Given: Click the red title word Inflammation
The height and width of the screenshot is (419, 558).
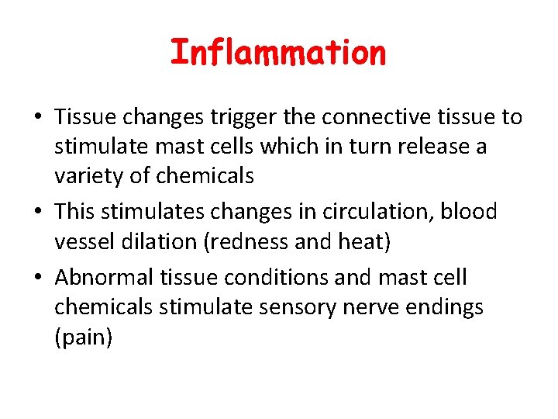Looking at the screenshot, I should tap(277, 54).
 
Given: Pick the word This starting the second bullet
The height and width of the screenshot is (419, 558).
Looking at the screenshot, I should tap(77, 211).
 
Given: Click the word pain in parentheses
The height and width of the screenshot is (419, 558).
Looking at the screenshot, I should tap(84, 338).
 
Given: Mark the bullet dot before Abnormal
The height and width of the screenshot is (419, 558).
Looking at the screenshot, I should tap(37, 278).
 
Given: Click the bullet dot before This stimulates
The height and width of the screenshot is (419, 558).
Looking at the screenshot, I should tap(37, 212).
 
